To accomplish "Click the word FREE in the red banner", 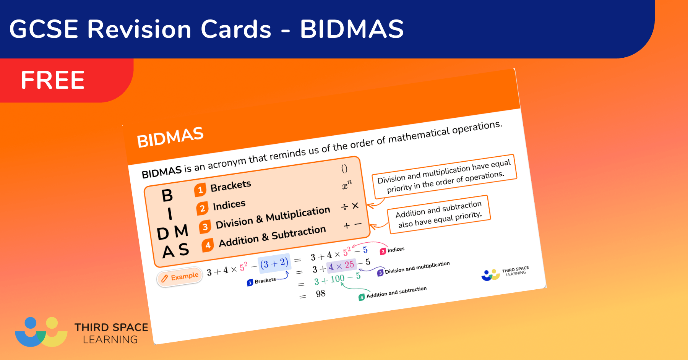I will point(53,80).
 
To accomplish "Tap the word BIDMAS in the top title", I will point(352,29).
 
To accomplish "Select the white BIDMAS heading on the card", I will point(170,137).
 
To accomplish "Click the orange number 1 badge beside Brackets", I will point(200,190).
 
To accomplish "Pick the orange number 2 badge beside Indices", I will point(202,208).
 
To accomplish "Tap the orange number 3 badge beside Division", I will point(205,227).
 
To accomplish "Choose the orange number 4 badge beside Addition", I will point(208,245).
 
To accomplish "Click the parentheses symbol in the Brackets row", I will point(344,169).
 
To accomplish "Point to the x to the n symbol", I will point(347,185).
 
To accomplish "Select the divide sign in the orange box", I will point(344,207).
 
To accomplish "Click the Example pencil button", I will point(179,277).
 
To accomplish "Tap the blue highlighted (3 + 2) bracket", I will point(274,263).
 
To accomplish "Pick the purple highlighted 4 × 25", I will point(341,266).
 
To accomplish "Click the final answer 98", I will point(320,294).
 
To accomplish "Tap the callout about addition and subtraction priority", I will point(439,214).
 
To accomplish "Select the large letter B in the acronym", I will point(167,196).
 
